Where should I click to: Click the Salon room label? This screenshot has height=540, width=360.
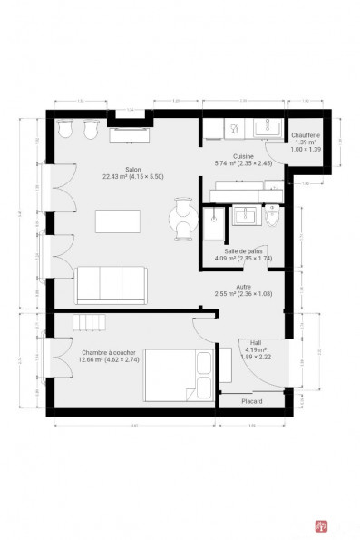[x=131, y=168]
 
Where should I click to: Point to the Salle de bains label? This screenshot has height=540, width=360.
[x=243, y=251]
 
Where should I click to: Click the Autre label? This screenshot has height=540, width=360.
[x=242, y=286]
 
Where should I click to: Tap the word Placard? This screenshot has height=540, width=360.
[x=252, y=401]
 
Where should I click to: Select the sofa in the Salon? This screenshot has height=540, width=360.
[x=111, y=284]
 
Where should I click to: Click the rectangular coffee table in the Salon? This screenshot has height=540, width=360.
[x=118, y=221]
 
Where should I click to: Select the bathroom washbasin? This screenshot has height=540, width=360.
[x=243, y=215]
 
